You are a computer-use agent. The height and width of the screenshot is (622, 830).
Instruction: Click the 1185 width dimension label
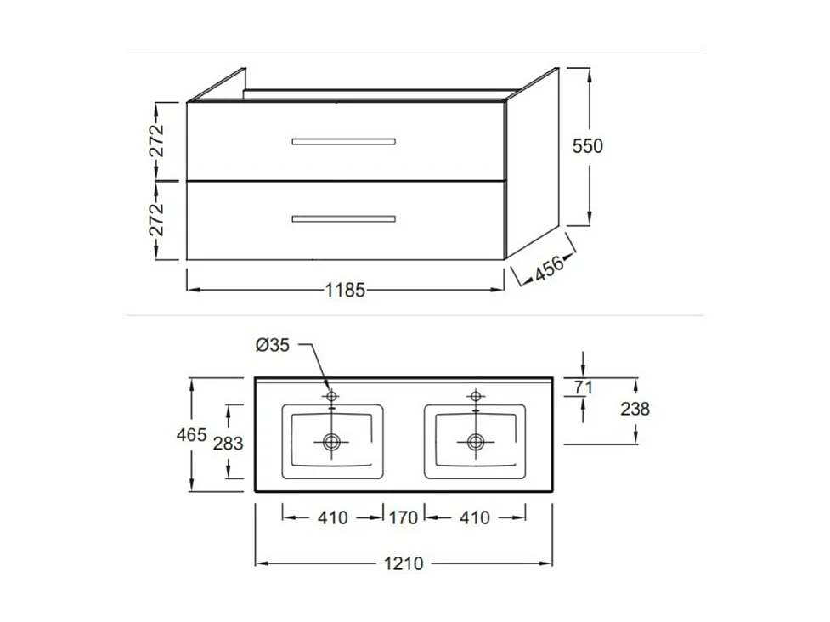tap(345, 291)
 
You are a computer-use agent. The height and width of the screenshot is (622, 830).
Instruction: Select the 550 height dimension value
tap(587, 146)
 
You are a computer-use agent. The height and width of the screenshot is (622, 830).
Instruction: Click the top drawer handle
tap(343, 141)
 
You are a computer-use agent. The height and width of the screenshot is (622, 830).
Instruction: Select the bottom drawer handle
tap(343, 219)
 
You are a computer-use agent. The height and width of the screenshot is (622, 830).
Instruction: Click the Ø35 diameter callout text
tap(273, 345)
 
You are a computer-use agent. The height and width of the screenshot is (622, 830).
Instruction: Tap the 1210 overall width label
tap(404, 563)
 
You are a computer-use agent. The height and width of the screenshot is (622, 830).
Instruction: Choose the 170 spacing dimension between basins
tap(404, 517)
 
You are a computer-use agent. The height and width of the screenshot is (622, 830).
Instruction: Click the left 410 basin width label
tap(332, 517)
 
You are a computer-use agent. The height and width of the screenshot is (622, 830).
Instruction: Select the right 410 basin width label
tap(475, 517)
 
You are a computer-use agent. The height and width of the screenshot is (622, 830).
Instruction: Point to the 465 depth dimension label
tap(191, 435)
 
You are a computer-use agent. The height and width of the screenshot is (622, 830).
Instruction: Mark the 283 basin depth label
tap(228, 443)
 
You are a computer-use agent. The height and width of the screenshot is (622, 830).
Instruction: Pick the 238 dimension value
tap(635, 409)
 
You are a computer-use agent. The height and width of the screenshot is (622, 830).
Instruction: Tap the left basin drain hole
tap(331, 441)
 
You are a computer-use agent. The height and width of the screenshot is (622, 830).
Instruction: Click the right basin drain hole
tap(475, 441)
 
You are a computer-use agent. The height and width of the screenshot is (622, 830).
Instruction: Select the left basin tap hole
tap(331, 396)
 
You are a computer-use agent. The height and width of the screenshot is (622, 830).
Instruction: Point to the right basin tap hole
tap(475, 396)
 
